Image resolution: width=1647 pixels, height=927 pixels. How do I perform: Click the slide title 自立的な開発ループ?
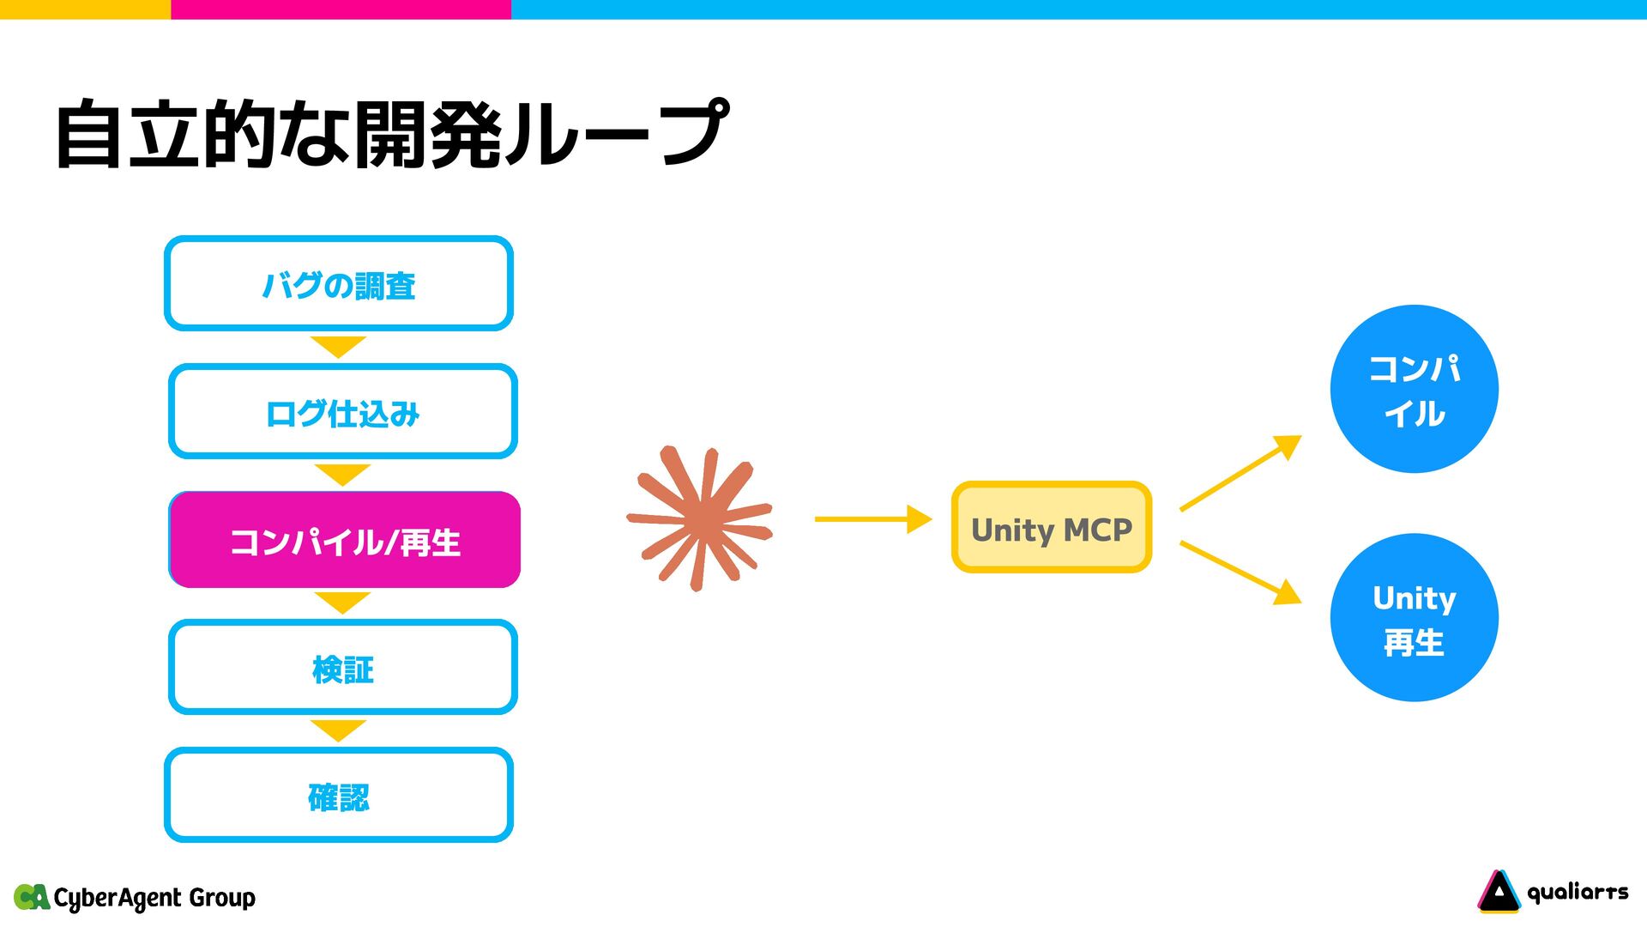pyautogui.click(x=391, y=134)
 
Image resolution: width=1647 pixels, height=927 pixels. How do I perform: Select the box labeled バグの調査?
pyautogui.click(x=339, y=284)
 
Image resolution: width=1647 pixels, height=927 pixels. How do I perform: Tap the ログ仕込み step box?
pyautogui.click(x=342, y=412)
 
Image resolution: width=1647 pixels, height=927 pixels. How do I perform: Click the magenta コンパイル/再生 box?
pyautogui.click(x=345, y=540)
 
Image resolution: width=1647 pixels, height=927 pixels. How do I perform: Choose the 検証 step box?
pyautogui.click(x=342, y=668)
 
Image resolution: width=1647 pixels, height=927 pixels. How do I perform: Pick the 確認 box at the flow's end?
pyautogui.click(x=339, y=796)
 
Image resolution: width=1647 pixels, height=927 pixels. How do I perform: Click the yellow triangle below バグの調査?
pyautogui.click(x=338, y=346)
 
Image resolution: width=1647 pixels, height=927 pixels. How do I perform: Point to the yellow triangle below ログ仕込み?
pyautogui.click(x=341, y=474)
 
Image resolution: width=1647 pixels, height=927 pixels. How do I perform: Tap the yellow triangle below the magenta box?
pyautogui.click(x=341, y=602)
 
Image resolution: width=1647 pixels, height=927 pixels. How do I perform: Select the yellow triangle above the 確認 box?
pyautogui.click(x=338, y=730)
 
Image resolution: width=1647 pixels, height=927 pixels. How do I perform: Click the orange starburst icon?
pyautogui.click(x=700, y=518)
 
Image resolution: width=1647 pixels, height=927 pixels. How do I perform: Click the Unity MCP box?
pyautogui.click(x=1051, y=528)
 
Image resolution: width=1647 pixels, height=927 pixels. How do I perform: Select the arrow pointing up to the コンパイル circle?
pyautogui.click(x=1240, y=473)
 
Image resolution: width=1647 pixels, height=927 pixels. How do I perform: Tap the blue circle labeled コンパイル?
pyautogui.click(x=1414, y=389)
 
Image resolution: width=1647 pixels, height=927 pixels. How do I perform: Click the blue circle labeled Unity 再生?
pyautogui.click(x=1414, y=618)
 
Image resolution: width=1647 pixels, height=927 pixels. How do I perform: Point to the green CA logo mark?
pyautogui.click(x=32, y=897)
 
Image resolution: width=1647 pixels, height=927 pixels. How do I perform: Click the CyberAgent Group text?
pyautogui.click(x=154, y=898)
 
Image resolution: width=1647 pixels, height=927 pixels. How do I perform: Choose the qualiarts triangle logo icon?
pyautogui.click(x=1498, y=892)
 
